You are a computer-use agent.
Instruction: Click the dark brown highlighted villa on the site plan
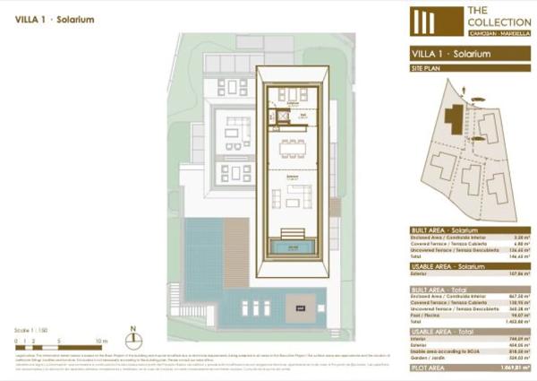tap(456, 118)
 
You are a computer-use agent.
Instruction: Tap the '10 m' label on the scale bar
tap(101, 342)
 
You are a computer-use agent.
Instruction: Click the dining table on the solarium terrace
tap(291, 150)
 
